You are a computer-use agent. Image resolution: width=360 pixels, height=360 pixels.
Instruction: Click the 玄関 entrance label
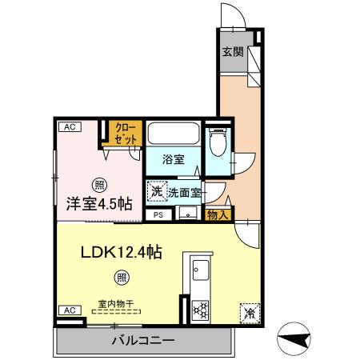click(x=232, y=53)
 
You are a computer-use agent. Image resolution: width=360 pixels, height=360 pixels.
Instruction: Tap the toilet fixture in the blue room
click(x=217, y=143)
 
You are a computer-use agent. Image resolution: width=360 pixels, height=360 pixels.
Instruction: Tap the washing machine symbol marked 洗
click(x=155, y=191)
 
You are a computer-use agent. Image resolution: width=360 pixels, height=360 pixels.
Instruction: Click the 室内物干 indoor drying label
click(x=114, y=303)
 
